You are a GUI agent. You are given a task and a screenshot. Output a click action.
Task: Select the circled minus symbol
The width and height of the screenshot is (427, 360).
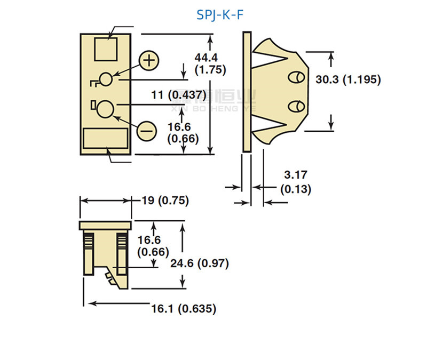tap(147, 130)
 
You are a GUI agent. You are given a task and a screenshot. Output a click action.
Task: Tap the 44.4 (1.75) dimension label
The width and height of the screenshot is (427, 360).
tap(210, 63)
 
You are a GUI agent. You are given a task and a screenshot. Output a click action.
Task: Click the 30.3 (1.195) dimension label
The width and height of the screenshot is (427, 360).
tap(347, 79)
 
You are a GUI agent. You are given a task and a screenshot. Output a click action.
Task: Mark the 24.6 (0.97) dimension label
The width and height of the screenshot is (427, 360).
tap(200, 262)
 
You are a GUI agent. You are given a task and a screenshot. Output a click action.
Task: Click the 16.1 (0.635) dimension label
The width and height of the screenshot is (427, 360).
tap(184, 308)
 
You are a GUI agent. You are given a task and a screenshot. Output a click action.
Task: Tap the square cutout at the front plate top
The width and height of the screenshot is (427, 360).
tap(106, 49)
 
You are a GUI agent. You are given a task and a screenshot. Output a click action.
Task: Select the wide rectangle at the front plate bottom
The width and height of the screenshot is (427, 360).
tap(106, 139)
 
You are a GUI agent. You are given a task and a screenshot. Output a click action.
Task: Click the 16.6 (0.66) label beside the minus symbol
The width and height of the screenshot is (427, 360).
tap(183, 133)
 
